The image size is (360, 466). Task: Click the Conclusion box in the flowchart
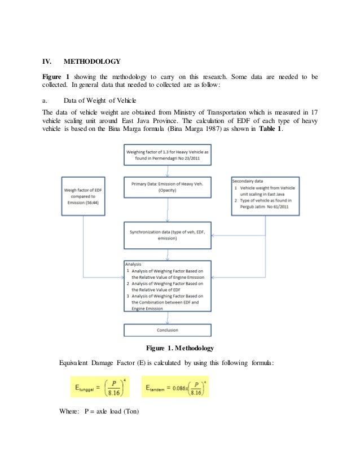[x=168, y=330]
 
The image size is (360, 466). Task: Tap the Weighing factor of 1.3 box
[x=168, y=155]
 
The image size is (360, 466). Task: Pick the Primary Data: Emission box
[x=168, y=186]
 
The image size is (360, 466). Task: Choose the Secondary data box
[x=265, y=195]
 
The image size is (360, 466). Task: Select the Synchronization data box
[x=168, y=235]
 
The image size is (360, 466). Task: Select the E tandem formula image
[x=175, y=387]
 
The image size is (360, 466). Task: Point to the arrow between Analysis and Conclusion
[x=168, y=317]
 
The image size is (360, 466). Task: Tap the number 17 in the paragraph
[x=314, y=110]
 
